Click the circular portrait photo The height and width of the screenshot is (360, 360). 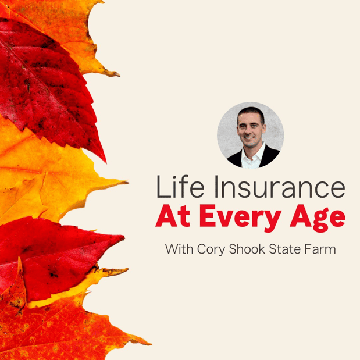(x=250, y=136)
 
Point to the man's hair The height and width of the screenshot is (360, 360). (x=251, y=112)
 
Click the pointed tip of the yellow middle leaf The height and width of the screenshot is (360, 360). (x=126, y=183)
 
